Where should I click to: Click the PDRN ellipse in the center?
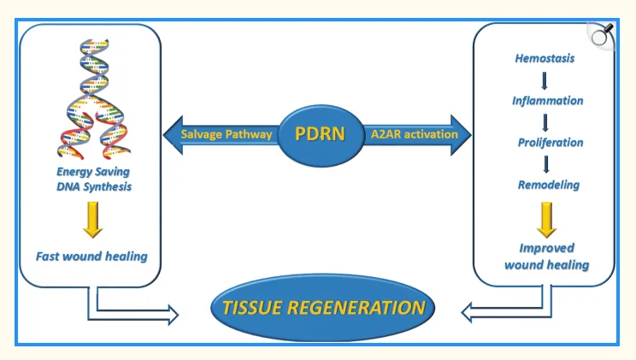(318, 134)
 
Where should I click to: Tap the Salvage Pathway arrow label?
(227, 134)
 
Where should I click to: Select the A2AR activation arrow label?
(415, 134)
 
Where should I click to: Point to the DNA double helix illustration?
(95, 94)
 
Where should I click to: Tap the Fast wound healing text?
(91, 256)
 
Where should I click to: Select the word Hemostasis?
(545, 59)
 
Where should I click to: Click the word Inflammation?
(547, 101)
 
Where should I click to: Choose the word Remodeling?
(548, 185)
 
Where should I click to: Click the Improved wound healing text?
(546, 257)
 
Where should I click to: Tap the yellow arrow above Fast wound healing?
(91, 219)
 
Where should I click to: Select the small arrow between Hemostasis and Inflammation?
(545, 80)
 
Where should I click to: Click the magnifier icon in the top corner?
(602, 33)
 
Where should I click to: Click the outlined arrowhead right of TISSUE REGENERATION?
(469, 313)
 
